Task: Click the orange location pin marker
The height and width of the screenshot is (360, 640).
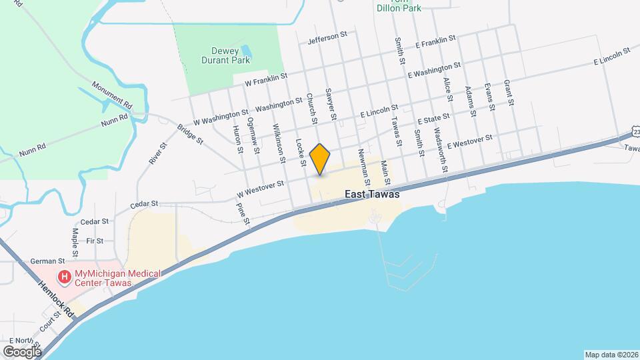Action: pos(320,159)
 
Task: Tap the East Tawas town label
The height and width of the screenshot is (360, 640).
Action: pos(372,195)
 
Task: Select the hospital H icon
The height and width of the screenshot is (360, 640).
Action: pos(65,276)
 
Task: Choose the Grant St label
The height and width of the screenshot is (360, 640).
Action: pos(509,93)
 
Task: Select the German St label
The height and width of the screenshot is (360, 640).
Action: pos(51,261)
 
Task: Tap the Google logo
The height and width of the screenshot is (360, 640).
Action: pos(21,351)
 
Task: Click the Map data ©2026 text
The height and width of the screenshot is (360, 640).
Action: pos(611,354)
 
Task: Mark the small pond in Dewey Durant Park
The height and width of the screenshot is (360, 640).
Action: pos(245,51)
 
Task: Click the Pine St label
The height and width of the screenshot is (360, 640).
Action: pos(243,212)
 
